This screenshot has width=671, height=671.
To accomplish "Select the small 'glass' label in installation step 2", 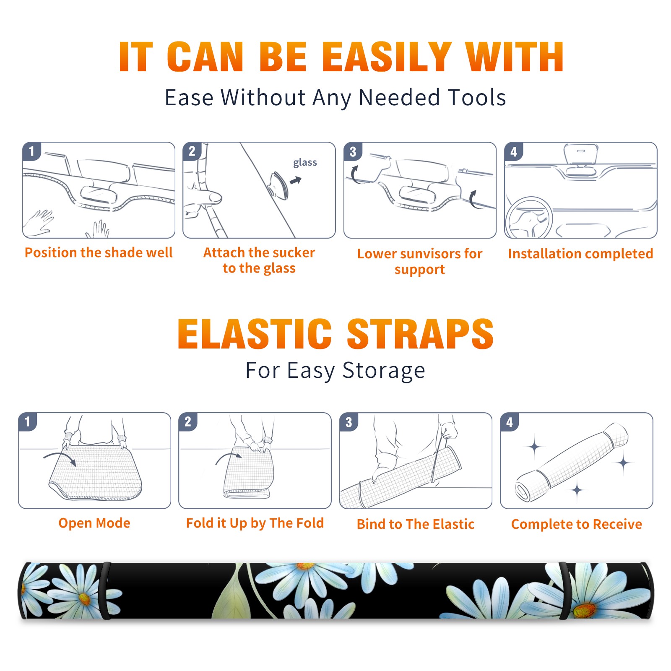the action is pos(305,163).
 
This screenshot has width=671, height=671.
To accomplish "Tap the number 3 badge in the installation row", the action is pos(353,152).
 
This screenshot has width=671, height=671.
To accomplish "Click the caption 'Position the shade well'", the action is pos(99,252).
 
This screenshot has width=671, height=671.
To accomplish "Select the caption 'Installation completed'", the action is pos(580,253).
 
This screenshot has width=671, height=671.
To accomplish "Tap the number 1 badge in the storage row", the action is pos(28,422).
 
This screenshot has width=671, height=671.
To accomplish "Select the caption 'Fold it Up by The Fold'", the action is pos(255,523).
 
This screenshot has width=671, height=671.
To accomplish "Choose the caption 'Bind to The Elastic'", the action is pos(416,524).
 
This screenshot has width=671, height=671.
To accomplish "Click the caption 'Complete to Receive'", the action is pos(577,524).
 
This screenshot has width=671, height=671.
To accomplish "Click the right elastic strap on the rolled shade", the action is pos(564,591).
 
